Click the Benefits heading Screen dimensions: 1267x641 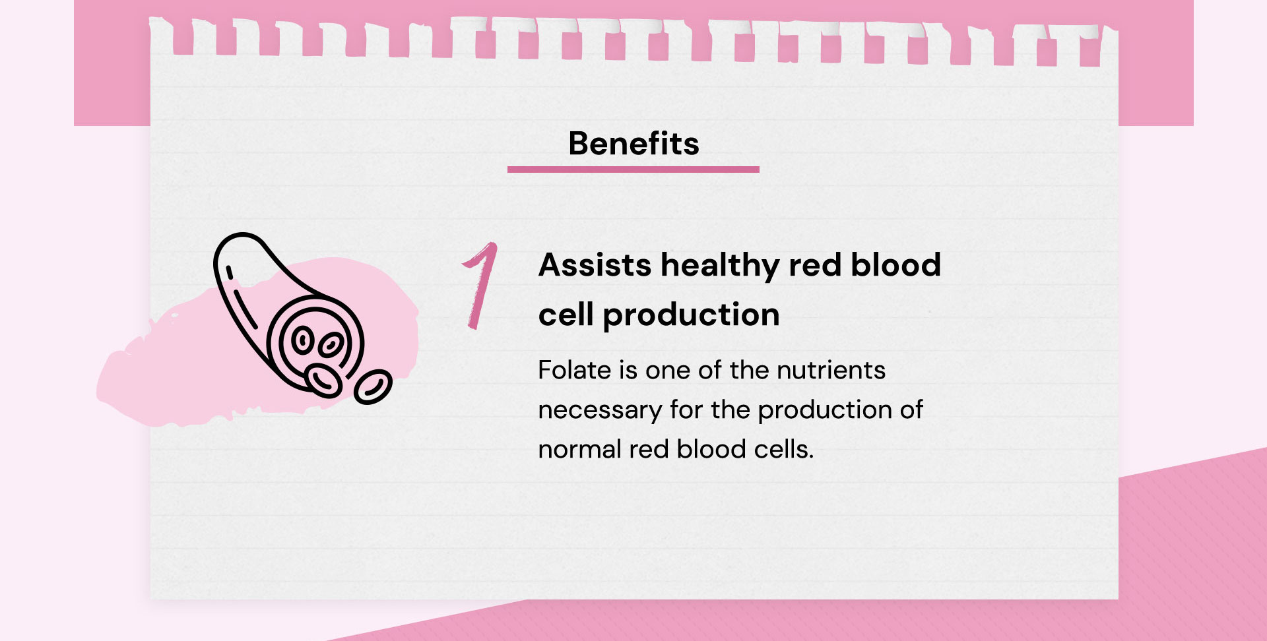(x=633, y=143)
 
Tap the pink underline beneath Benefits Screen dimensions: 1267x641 (x=633, y=169)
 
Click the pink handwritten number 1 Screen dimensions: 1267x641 (x=480, y=286)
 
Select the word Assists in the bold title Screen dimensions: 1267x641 (x=595, y=265)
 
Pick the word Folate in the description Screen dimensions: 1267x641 (x=575, y=370)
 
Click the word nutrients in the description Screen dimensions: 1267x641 (x=831, y=371)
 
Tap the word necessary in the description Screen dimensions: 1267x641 (x=600, y=411)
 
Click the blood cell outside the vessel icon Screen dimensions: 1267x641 (x=373, y=386)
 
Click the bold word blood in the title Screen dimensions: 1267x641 (x=895, y=265)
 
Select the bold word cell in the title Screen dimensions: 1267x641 (x=566, y=315)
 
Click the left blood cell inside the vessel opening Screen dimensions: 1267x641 (x=302, y=340)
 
